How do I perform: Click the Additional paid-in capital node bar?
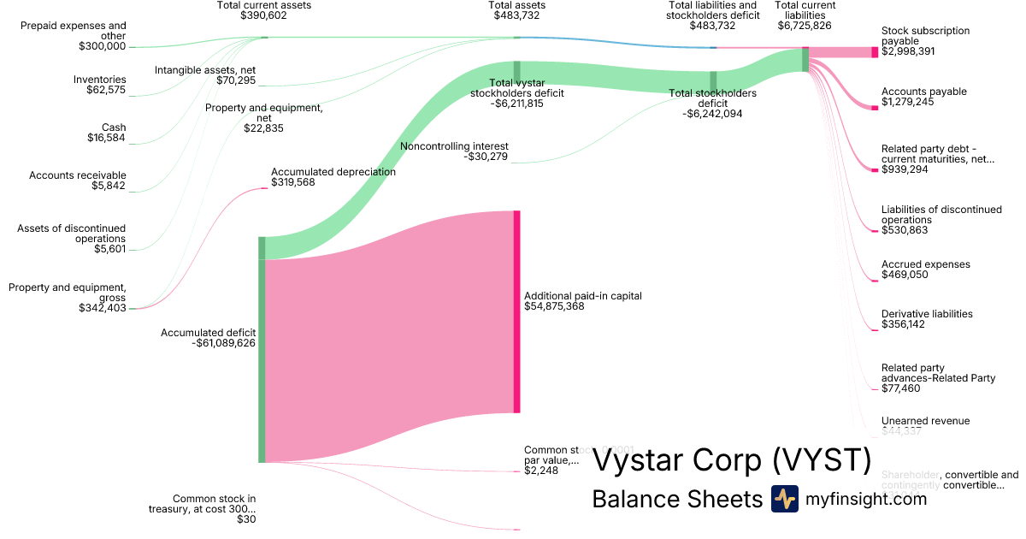click(516, 311)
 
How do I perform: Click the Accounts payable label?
click(924, 92)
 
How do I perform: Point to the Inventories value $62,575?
click(106, 90)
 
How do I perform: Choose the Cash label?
click(113, 127)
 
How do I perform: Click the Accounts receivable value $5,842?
click(109, 186)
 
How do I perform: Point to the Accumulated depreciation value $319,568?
click(292, 182)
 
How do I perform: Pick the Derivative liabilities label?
click(927, 314)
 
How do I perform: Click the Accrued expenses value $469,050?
click(905, 275)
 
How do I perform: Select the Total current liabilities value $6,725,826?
click(805, 26)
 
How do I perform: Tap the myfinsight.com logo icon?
click(784, 499)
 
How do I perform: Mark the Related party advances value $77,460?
click(901, 388)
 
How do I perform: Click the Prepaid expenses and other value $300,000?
click(102, 46)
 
